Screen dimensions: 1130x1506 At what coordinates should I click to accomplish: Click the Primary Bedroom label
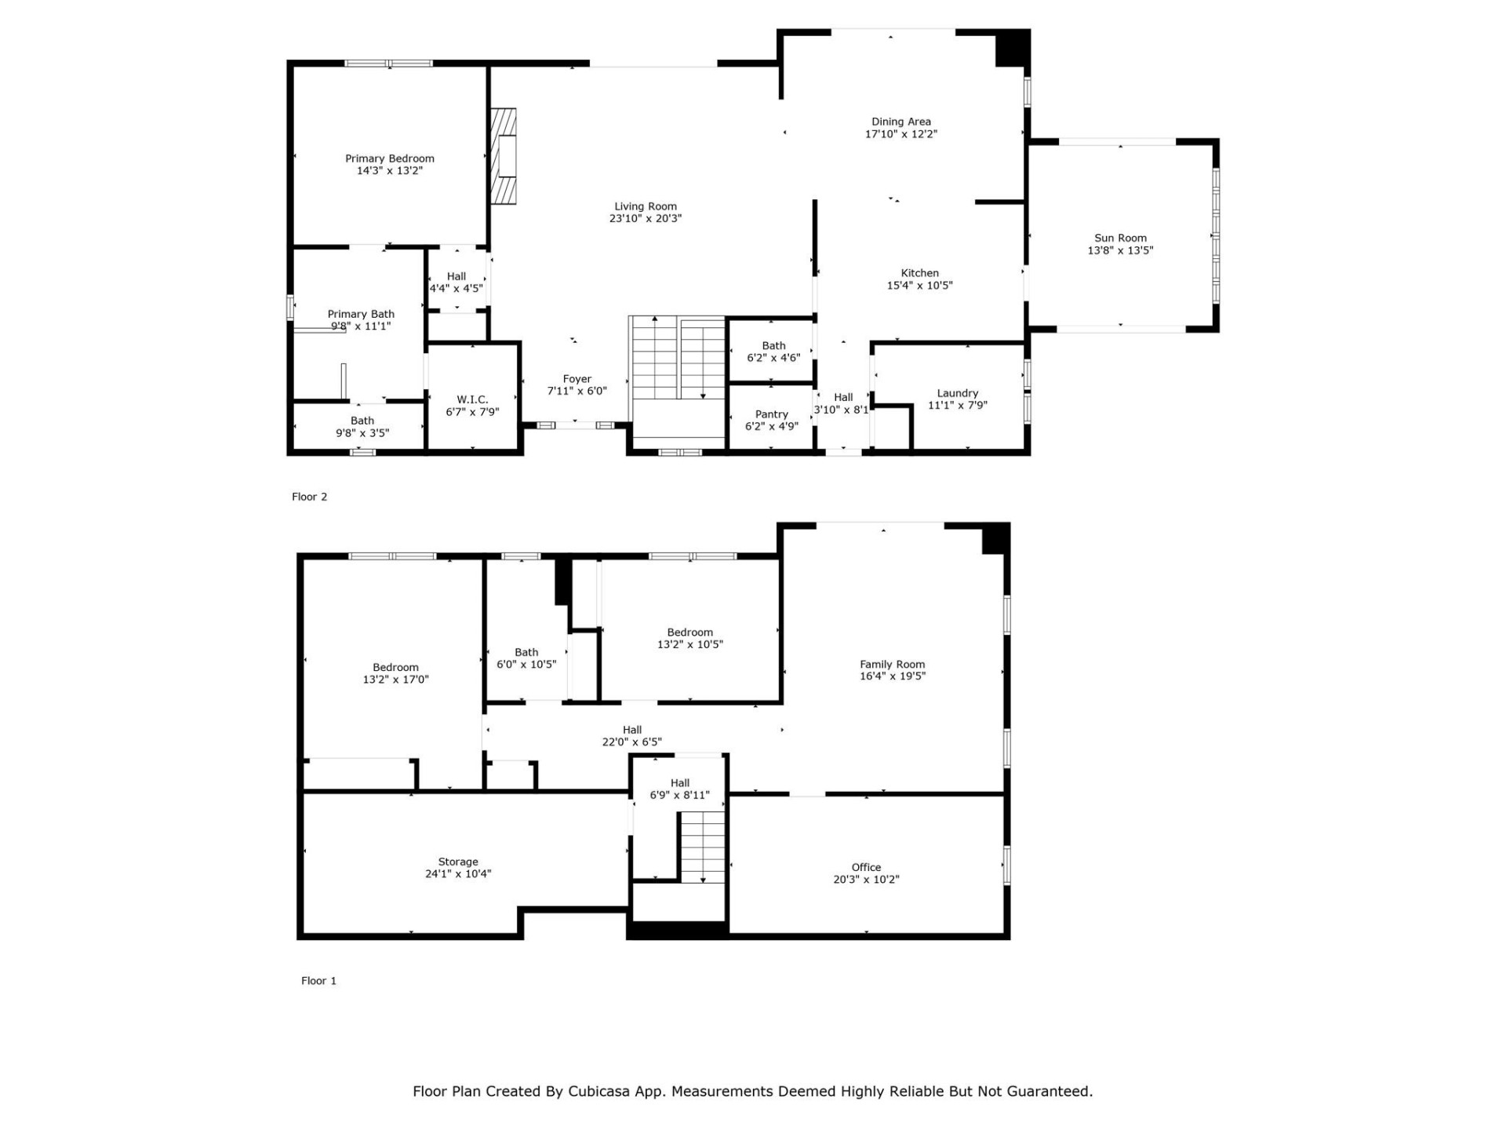click(x=389, y=159)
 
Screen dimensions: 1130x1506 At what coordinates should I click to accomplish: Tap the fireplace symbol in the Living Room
click(x=504, y=156)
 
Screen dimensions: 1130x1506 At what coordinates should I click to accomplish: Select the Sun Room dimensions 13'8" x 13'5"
click(x=1120, y=250)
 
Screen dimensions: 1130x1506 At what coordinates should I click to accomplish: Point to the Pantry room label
click(x=771, y=414)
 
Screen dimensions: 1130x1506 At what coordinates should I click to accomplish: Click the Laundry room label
click(x=957, y=393)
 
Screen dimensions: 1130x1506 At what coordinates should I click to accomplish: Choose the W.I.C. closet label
click(x=472, y=399)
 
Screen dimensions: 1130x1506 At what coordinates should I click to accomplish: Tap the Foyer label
click(x=577, y=379)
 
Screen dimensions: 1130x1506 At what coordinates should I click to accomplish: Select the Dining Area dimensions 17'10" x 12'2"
click(x=900, y=134)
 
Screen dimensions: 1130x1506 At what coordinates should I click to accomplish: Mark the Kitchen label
click(x=919, y=273)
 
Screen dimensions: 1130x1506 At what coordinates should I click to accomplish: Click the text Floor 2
click(x=309, y=497)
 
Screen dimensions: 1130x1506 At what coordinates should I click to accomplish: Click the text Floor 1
click(x=318, y=981)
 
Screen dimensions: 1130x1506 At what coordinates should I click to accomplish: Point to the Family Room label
click(x=892, y=664)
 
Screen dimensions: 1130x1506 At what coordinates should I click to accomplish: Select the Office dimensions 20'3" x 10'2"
click(x=866, y=880)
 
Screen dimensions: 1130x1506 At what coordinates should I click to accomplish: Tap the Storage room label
click(x=458, y=862)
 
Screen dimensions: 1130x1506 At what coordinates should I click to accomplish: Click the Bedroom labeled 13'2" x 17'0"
click(x=395, y=673)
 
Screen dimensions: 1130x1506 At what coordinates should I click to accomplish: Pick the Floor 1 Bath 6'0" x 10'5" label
click(x=526, y=658)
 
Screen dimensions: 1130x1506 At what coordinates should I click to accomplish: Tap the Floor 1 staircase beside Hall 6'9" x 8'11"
click(x=702, y=847)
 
